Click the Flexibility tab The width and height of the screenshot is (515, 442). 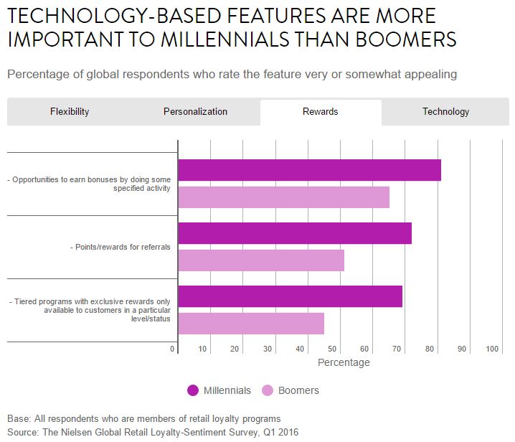pos(70,112)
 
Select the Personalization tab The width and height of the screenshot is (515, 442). pos(195,112)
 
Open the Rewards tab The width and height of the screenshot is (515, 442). pos(320,112)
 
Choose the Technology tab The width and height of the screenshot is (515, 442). pos(445,112)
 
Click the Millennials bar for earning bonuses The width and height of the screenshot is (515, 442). pos(309,170)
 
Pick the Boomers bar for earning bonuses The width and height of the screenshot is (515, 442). pos(283,197)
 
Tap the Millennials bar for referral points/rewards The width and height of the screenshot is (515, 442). pos(294,233)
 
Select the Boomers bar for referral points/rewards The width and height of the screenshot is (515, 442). pos(261,260)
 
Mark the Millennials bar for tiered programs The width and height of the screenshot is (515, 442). pos(290,296)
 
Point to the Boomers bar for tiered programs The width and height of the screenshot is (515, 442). pos(251,324)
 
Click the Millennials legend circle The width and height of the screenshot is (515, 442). pos(193,390)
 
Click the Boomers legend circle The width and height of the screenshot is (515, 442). pos(268,390)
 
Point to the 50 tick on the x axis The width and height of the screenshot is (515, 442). pos(332,349)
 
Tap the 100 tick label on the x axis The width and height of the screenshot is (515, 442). pos(492,349)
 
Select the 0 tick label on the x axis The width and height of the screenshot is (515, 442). pos(173,349)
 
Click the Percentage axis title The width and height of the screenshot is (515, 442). pos(344,362)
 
